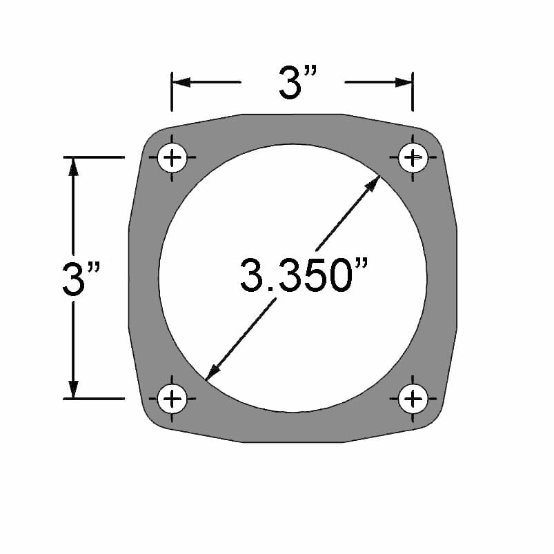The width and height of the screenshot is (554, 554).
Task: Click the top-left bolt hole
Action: click(172, 159)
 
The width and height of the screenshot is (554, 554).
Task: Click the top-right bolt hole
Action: click(413, 158)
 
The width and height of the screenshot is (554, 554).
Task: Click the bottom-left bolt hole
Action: click(172, 398)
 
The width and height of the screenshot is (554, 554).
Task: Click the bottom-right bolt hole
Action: click(413, 398)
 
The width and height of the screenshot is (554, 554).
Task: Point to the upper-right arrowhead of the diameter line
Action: click(373, 184)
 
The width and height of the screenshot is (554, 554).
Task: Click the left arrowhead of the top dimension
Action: click(181, 82)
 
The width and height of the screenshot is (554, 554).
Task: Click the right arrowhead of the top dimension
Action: click(404, 82)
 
